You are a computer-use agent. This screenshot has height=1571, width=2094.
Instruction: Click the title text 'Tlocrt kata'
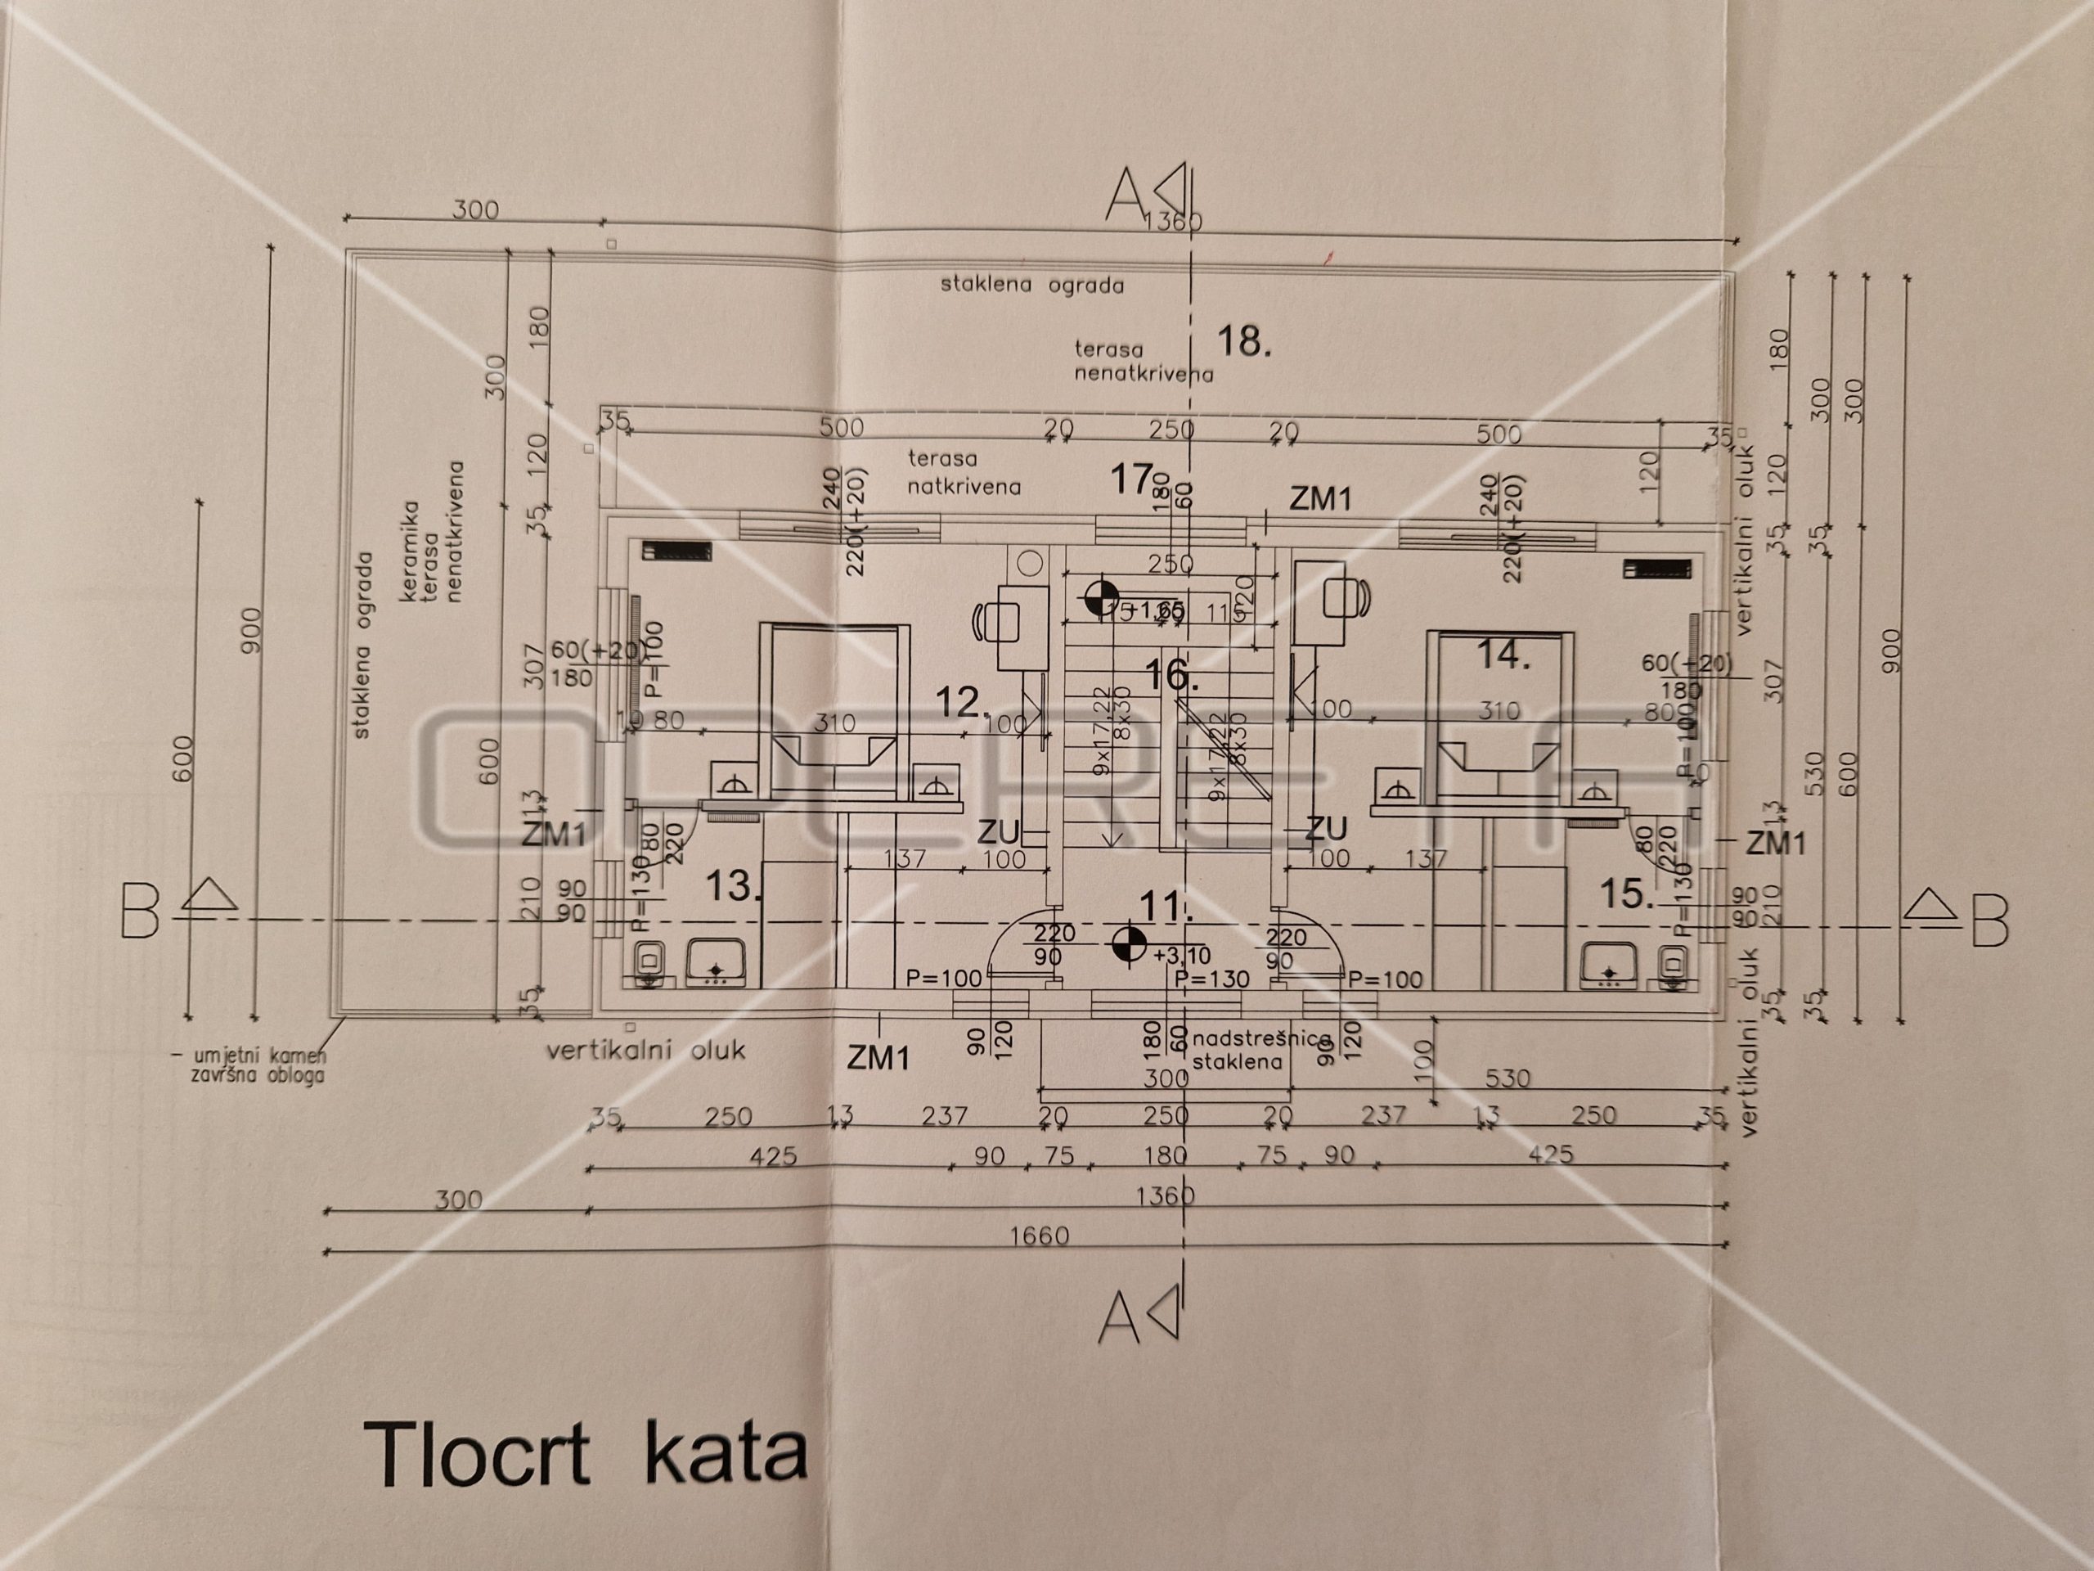pos(585,1453)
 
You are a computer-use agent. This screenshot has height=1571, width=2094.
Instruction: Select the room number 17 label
pos(1132,480)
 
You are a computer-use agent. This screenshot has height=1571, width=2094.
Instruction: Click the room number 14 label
pos(1503,655)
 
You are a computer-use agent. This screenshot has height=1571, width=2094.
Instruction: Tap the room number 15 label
pos(1626,893)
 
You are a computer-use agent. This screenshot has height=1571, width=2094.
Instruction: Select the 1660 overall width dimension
pos(1039,1236)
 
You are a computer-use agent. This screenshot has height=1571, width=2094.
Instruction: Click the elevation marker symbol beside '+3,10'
pos(1129,943)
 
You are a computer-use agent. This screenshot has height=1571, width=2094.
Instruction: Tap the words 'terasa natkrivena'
pos(964,473)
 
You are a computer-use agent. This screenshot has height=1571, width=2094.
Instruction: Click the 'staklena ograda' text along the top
pos(1031,284)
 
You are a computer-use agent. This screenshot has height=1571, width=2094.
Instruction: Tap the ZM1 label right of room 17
pos(1320,499)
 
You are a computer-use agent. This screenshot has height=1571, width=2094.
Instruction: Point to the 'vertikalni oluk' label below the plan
pos(645,1050)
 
